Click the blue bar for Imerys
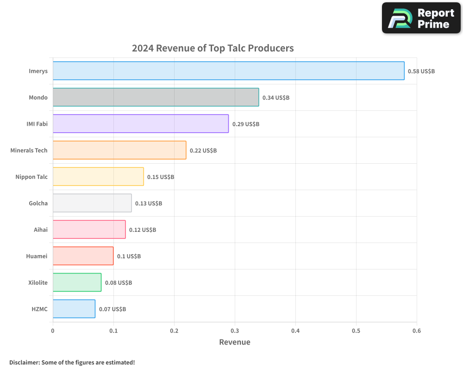pos(228,71)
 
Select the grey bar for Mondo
pos(156,97)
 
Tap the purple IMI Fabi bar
pos(140,124)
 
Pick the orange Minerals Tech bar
pos(119,150)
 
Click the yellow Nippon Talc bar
pos(98,177)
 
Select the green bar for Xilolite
pos(77,282)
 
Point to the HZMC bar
pos(74,309)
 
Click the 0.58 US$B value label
pos(421,71)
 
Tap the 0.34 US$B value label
pos(275,98)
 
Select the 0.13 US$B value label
pos(148,204)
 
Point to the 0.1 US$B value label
pos(129,256)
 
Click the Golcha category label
pos(38,203)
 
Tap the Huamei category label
pos(37,256)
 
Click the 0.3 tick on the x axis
pos(235,331)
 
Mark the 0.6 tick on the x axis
pos(417,331)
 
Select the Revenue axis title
pos(234,342)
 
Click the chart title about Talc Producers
pos(213,48)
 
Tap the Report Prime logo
pos(421,18)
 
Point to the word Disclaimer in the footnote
pos(24,362)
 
